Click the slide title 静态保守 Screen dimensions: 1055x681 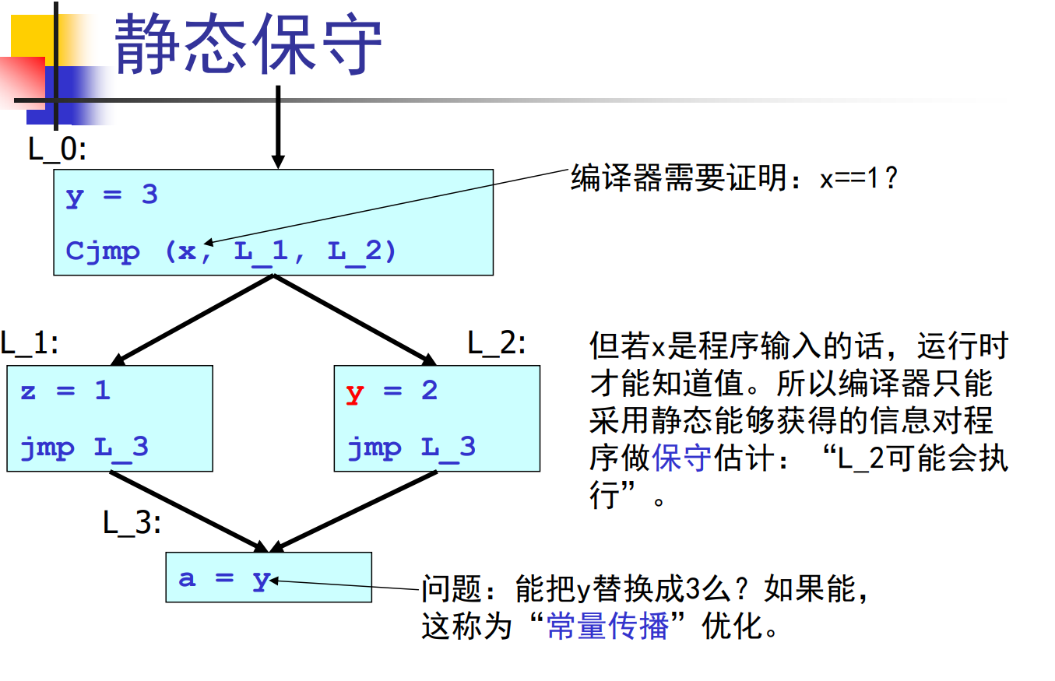(248, 44)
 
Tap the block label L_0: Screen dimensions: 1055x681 (57, 149)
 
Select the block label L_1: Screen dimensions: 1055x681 (30, 343)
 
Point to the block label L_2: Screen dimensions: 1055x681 (497, 343)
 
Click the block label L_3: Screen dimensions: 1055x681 (132, 523)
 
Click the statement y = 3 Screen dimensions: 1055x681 (111, 195)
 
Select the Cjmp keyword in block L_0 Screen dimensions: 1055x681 (103, 251)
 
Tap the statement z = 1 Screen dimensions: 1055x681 (65, 391)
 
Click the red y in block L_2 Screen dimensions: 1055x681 (354, 393)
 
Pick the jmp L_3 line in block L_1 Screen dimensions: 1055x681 (84, 448)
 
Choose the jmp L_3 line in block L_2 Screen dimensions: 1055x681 (412, 448)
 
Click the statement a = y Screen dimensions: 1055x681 (225, 579)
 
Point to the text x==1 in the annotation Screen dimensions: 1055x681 (849, 179)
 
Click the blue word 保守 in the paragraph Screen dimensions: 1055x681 (682, 458)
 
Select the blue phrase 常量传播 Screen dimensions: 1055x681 (607, 627)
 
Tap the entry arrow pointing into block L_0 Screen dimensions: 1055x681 (279, 127)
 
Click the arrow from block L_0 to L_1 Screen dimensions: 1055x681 (192, 320)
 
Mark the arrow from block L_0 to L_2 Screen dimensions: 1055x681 (355, 320)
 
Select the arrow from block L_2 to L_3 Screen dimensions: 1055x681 (353, 512)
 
